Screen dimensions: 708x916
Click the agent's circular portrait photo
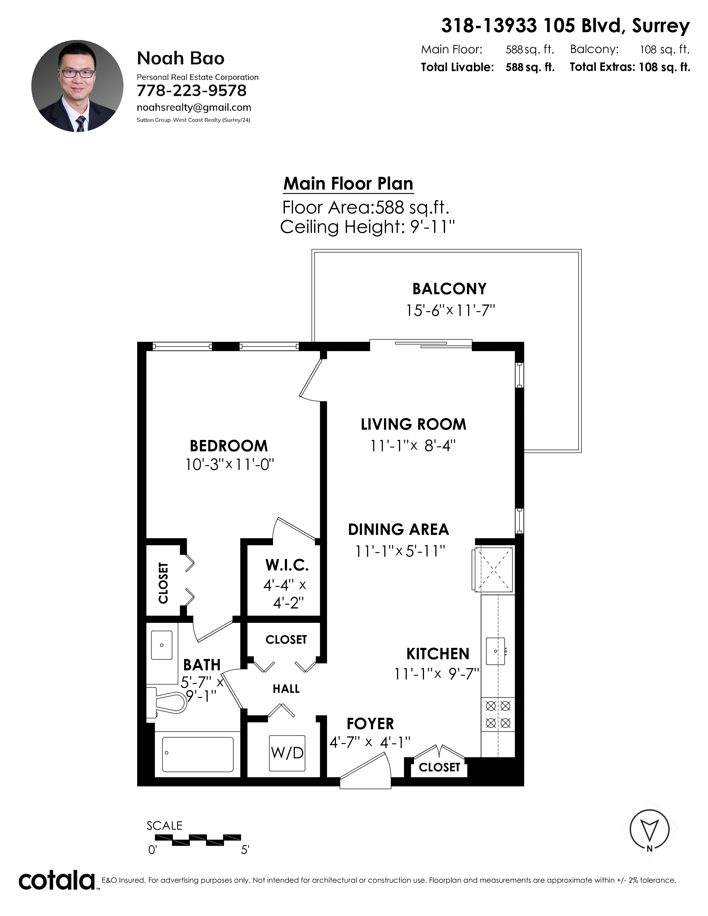[x=77, y=86]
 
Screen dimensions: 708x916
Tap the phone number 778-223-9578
[x=192, y=90]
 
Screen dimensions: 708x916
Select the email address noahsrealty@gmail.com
[x=194, y=107]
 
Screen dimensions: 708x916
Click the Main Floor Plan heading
[x=348, y=184]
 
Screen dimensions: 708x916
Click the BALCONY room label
[x=450, y=289]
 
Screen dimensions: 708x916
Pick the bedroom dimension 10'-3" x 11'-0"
[x=230, y=465]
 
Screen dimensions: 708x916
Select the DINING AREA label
[x=398, y=529]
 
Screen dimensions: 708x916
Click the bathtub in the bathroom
[x=198, y=754]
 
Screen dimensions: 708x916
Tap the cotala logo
[x=57, y=880]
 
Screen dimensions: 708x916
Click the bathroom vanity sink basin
[x=162, y=645]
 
